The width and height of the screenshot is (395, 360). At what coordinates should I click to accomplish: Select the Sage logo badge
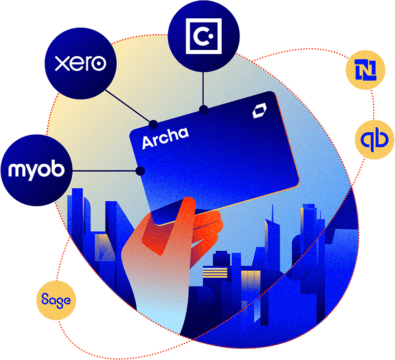(x=56, y=299)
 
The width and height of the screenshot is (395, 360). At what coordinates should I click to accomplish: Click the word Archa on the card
(x=165, y=138)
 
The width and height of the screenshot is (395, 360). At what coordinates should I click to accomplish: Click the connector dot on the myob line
(x=140, y=171)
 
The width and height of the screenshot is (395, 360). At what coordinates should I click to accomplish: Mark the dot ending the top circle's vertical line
(x=202, y=108)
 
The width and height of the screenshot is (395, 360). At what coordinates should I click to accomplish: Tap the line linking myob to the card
(x=104, y=171)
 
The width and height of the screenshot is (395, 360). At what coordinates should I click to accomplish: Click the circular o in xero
(x=99, y=64)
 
